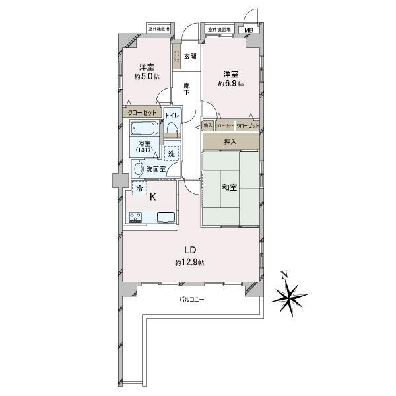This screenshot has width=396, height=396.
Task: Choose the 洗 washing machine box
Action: (171, 154)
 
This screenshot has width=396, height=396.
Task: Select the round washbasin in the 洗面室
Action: (138, 169)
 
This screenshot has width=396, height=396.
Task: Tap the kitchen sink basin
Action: (164, 218)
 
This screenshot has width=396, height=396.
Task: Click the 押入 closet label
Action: (231, 141)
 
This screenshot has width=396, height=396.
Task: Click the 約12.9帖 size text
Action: (189, 263)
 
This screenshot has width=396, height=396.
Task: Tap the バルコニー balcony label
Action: (192, 300)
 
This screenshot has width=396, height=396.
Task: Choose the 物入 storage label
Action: (208, 125)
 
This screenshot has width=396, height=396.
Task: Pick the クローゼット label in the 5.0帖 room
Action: (142, 112)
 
